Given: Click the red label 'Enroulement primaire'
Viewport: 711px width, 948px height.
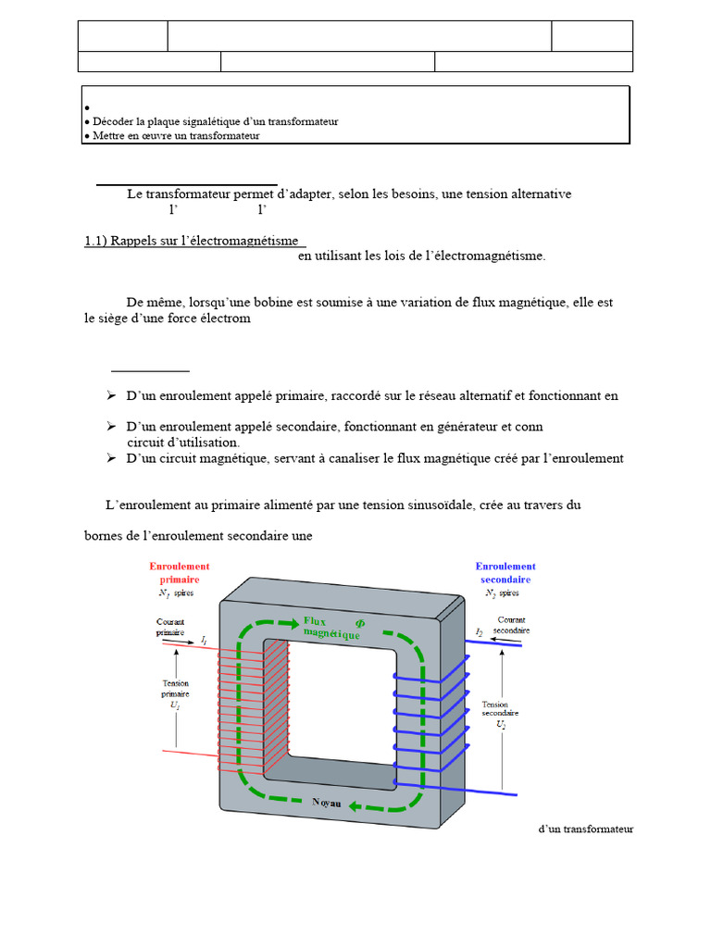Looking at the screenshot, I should click(x=180, y=572).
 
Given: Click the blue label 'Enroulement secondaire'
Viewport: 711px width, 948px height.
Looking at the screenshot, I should click(x=505, y=572).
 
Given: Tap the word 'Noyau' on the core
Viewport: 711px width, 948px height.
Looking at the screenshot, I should click(x=326, y=804).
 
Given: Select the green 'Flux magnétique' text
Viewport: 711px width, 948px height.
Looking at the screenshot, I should click(x=331, y=627).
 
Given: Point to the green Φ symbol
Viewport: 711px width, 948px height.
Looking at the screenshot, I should click(x=360, y=622).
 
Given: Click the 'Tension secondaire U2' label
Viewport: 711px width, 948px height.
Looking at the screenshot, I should click(x=500, y=714).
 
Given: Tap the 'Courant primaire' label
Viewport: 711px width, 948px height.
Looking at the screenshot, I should click(x=169, y=627).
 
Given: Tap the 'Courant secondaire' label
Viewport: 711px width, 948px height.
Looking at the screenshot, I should click(x=512, y=625).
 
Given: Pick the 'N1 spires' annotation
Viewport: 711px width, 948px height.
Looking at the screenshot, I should click(x=176, y=592).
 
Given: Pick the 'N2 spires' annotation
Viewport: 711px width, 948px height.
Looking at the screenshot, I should click(x=502, y=592).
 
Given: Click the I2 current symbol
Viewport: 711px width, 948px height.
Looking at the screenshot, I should click(x=480, y=631).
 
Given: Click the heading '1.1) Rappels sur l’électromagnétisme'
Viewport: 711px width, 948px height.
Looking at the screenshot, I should click(x=194, y=241).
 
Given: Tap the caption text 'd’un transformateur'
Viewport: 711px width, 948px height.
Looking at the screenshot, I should click(x=585, y=829).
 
